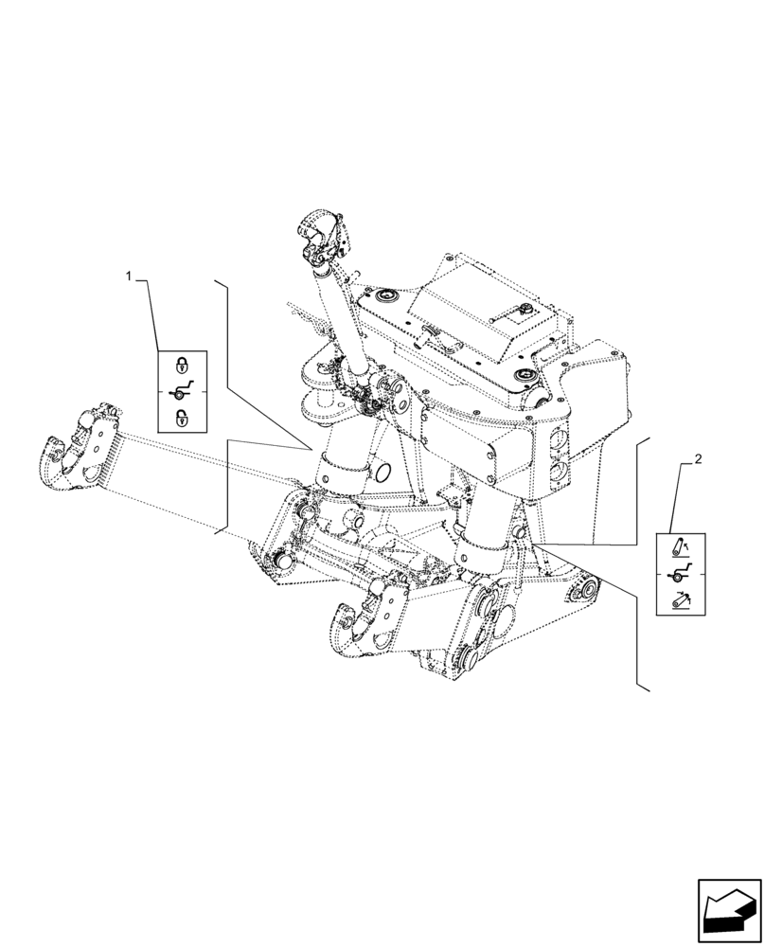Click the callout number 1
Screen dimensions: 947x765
[130, 276]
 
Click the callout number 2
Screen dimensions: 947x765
[697, 460]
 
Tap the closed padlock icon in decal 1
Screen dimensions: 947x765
[181, 365]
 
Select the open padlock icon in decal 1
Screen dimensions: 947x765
[181, 418]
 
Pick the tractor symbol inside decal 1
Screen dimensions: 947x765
[181, 391]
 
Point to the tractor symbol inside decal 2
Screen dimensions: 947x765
[680, 574]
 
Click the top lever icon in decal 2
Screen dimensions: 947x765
[680, 547]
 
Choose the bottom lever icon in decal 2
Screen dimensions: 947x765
[680, 600]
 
